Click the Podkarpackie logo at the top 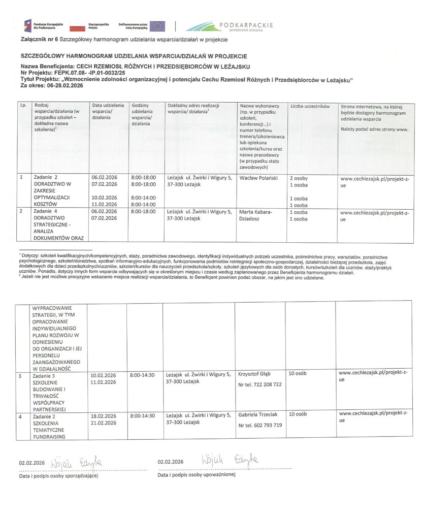coord(230,26)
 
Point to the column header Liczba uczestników coord(310,107)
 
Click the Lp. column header coord(23,106)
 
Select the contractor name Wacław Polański coord(258,179)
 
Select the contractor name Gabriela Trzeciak coord(258,415)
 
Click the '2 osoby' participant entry coord(299,179)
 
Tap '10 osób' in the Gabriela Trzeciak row coord(298,414)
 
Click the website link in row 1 coord(374,182)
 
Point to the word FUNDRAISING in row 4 coord(49,436)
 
